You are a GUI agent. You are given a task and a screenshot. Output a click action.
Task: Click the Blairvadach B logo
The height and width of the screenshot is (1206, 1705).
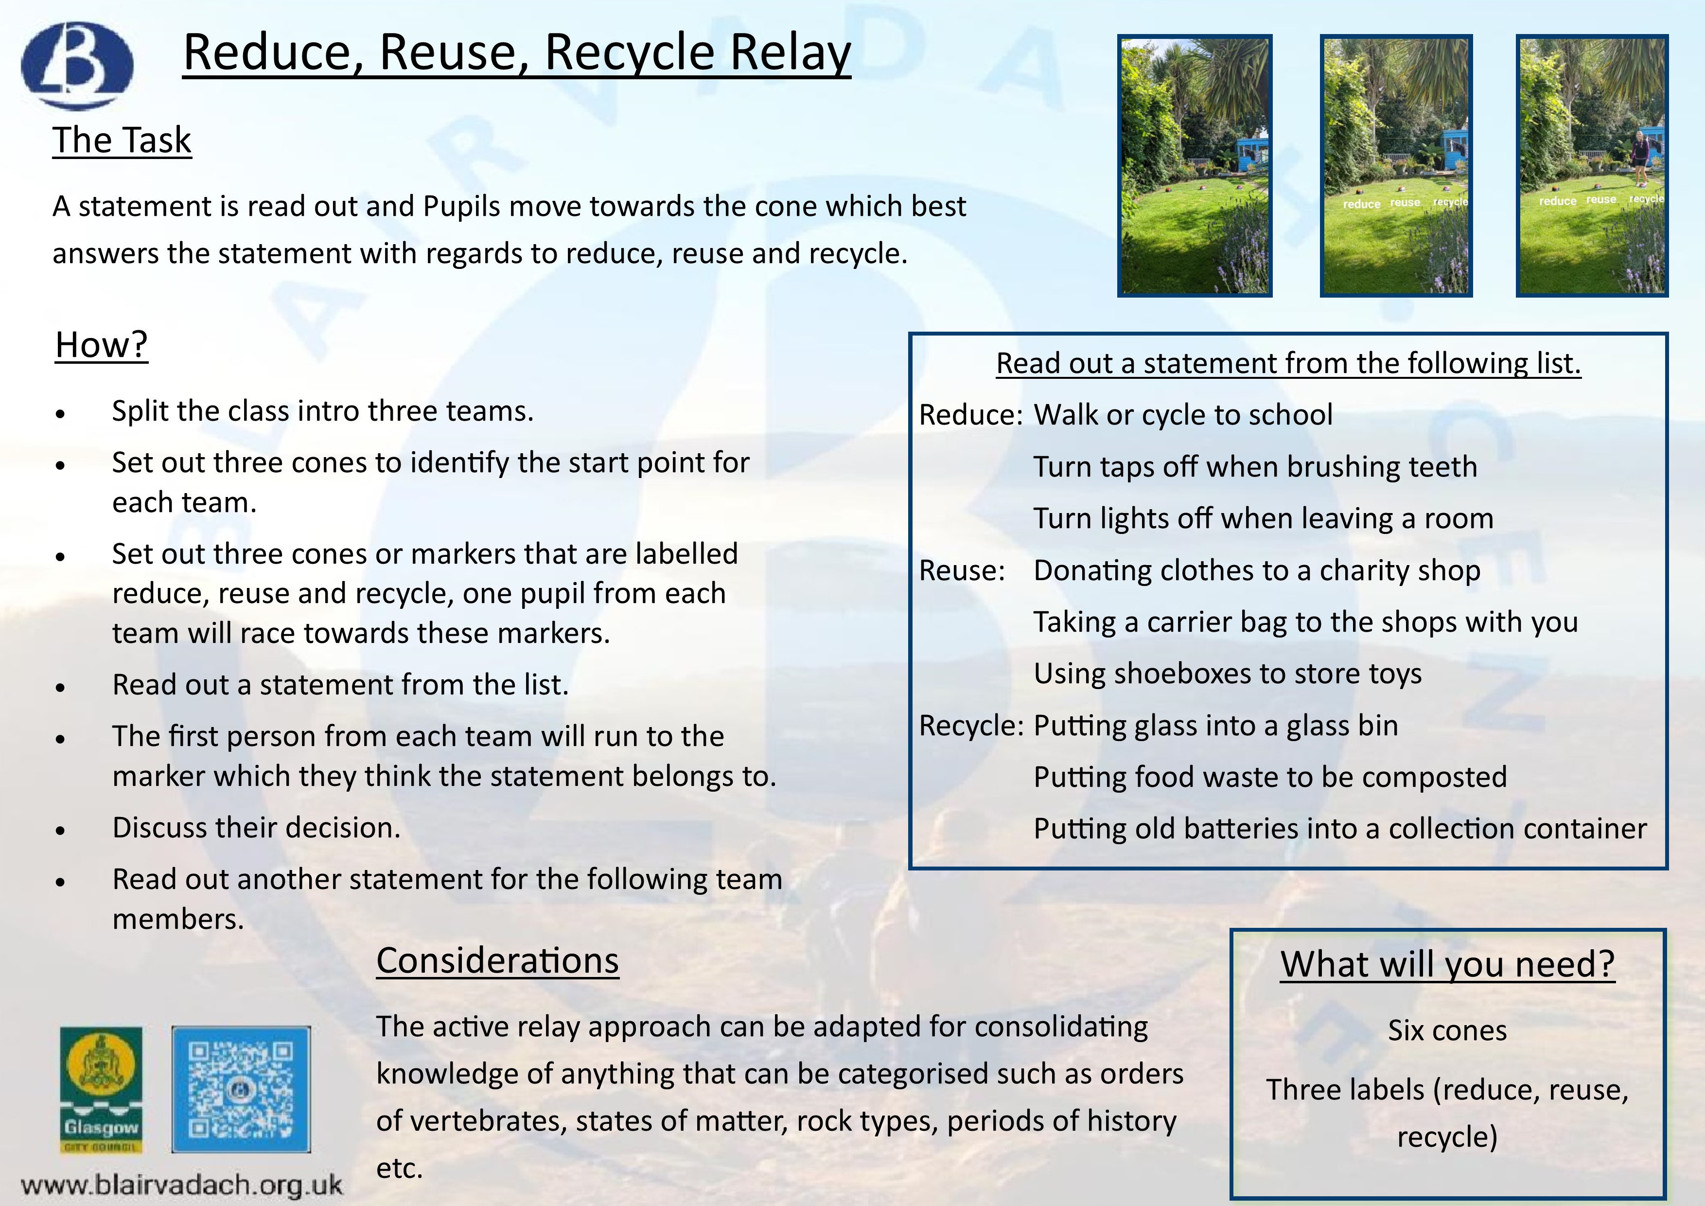(x=77, y=65)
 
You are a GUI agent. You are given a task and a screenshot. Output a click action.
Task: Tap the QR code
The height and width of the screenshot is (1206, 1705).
(x=241, y=1089)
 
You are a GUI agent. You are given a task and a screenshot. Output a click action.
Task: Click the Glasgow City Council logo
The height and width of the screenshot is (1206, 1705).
(x=101, y=1089)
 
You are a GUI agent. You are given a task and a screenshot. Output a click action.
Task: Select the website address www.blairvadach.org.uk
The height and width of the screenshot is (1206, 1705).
(x=182, y=1184)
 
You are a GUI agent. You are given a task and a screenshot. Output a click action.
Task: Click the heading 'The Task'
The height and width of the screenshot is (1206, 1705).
(x=122, y=141)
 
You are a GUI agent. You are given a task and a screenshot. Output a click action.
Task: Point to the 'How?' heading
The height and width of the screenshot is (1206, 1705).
(x=102, y=345)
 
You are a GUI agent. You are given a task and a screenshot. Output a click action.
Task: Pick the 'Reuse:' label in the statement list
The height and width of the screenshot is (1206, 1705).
(x=963, y=570)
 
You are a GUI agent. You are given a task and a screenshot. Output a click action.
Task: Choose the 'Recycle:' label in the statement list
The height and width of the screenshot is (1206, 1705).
(x=972, y=726)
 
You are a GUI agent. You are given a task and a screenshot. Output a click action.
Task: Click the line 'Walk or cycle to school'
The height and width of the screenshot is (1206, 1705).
(x=1183, y=414)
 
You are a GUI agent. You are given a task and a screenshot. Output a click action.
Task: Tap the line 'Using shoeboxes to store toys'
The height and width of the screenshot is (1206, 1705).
(x=1228, y=674)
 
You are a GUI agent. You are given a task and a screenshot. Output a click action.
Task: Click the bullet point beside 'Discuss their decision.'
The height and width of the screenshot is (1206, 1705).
(x=61, y=830)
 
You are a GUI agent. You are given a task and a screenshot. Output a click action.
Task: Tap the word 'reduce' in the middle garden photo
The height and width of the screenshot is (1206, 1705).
(x=1361, y=204)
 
